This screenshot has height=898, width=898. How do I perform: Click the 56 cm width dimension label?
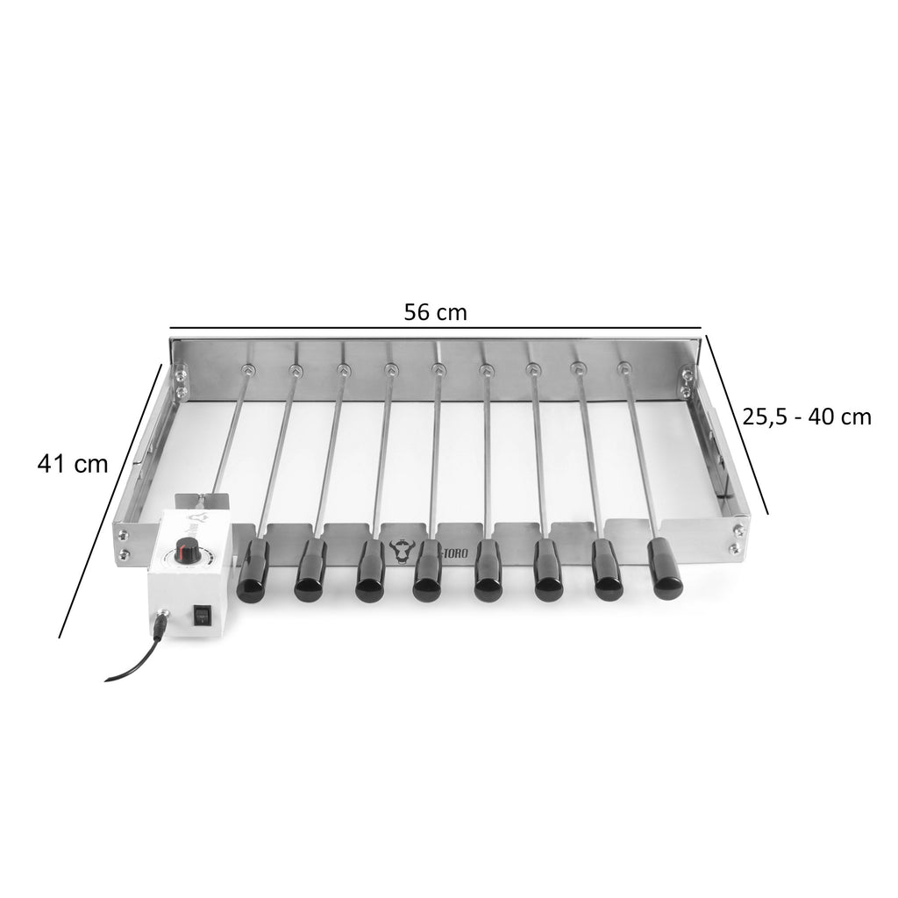click(x=435, y=312)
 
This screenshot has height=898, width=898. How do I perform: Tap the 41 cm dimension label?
click(x=73, y=464)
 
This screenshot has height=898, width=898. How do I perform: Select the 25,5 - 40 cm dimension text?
click(x=807, y=417)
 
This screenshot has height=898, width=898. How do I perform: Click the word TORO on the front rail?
click(x=454, y=554)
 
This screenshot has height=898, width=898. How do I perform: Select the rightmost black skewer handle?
click(x=666, y=569)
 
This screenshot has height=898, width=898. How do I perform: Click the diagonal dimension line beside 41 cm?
click(x=110, y=500)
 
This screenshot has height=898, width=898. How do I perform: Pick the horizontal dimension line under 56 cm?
click(x=436, y=331)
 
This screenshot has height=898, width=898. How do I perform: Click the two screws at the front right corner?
click(x=736, y=538)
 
